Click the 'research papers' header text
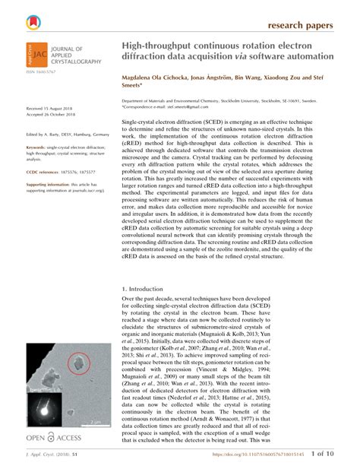pos(301,25)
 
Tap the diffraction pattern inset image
pos(45,408)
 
